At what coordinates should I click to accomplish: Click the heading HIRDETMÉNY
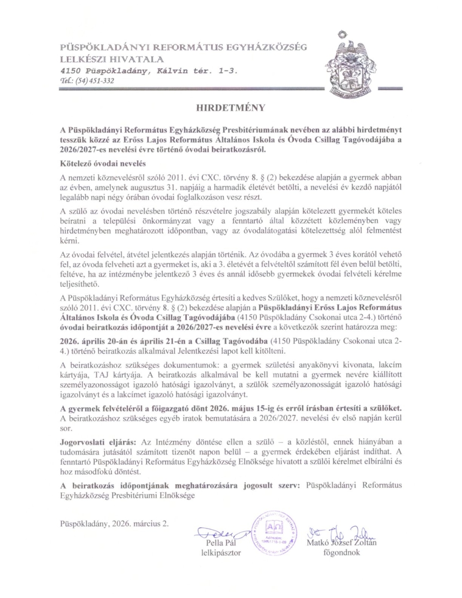(230, 107)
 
